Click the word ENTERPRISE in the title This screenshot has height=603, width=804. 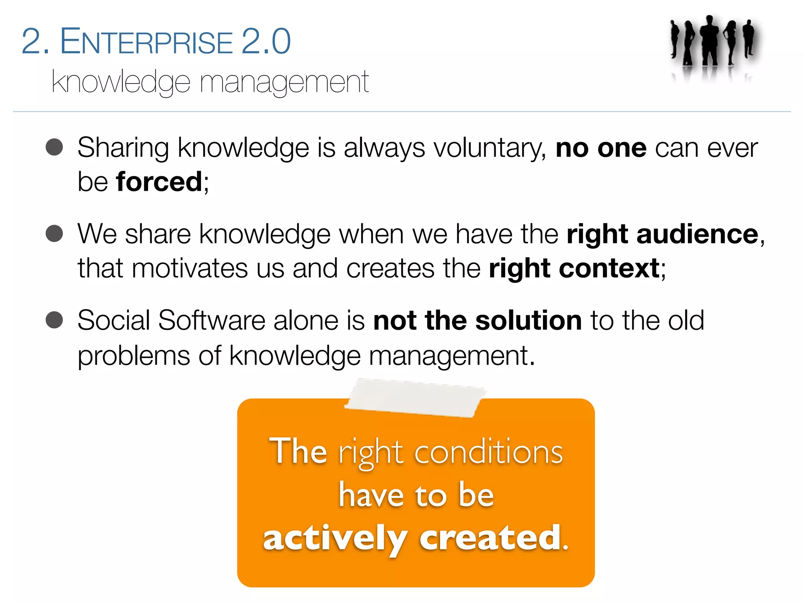[146, 42]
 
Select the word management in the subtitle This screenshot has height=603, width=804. [284, 82]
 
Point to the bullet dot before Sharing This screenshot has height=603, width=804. [54, 148]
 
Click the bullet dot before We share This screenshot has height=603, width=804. [54, 234]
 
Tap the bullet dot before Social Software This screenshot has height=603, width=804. [54, 320]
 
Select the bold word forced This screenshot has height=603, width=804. [159, 182]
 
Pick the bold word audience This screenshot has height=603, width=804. [697, 234]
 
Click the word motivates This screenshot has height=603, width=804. [190, 269]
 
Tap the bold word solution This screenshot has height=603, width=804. [528, 320]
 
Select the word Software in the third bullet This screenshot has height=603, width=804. [212, 320]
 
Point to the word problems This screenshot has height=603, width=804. [133, 356]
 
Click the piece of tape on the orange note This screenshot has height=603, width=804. [415, 397]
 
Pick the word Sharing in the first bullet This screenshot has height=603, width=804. [123, 148]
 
